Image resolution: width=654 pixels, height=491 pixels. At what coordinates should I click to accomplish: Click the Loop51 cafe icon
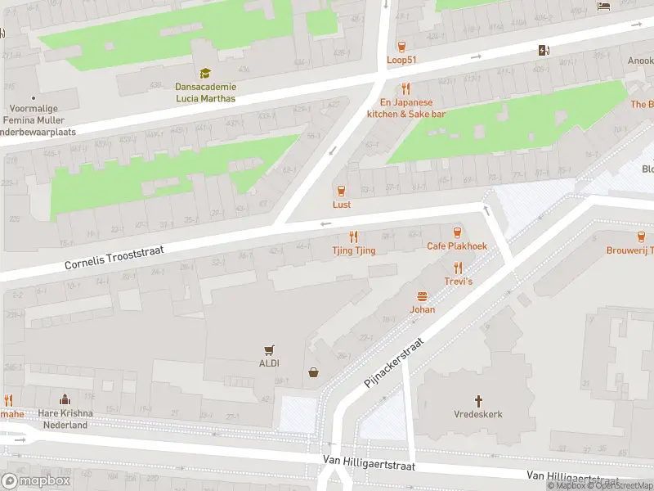point(401,47)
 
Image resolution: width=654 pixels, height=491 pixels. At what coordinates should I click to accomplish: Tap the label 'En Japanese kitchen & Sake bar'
point(406,108)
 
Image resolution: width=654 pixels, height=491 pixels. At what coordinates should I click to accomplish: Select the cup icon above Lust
point(342,191)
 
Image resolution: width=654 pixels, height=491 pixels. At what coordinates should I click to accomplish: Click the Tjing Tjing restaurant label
point(354,250)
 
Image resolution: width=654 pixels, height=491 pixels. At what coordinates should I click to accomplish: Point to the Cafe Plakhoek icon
point(457,232)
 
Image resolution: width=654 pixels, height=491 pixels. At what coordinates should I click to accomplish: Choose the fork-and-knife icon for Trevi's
point(458,267)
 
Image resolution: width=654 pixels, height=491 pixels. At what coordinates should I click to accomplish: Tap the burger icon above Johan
point(423,296)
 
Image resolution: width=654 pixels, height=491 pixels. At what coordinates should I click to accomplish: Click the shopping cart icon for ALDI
point(268,349)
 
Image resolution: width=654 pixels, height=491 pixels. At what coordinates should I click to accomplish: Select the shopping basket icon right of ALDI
point(313,373)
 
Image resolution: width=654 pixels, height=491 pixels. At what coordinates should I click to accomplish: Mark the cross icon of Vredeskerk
point(478,401)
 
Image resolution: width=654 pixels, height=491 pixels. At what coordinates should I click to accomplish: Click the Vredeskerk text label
point(478,414)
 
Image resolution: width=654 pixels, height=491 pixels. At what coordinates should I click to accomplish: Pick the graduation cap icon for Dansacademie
point(205,74)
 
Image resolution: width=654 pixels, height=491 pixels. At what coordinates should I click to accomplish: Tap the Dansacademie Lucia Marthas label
point(205,92)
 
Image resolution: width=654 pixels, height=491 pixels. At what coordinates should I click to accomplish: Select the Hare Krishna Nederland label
point(65,419)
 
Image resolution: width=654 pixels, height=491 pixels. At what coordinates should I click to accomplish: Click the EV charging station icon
point(544,51)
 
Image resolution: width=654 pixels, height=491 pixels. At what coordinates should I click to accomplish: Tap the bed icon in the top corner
point(603,7)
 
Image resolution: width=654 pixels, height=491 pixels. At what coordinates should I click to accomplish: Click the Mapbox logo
point(36,480)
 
